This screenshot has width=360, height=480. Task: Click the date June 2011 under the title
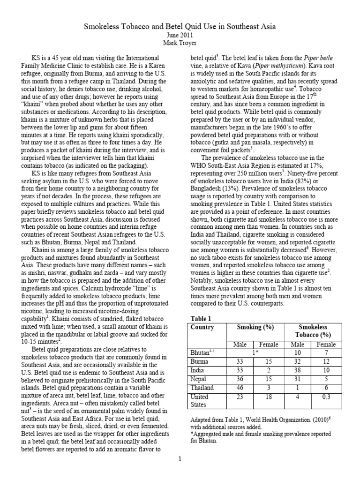pyautogui.click(x=180, y=35)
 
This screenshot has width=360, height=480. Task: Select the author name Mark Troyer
pyautogui.click(x=180, y=43)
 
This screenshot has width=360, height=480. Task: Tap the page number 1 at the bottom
pyautogui.click(x=180, y=458)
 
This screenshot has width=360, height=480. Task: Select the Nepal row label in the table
pyautogui.click(x=200, y=379)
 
